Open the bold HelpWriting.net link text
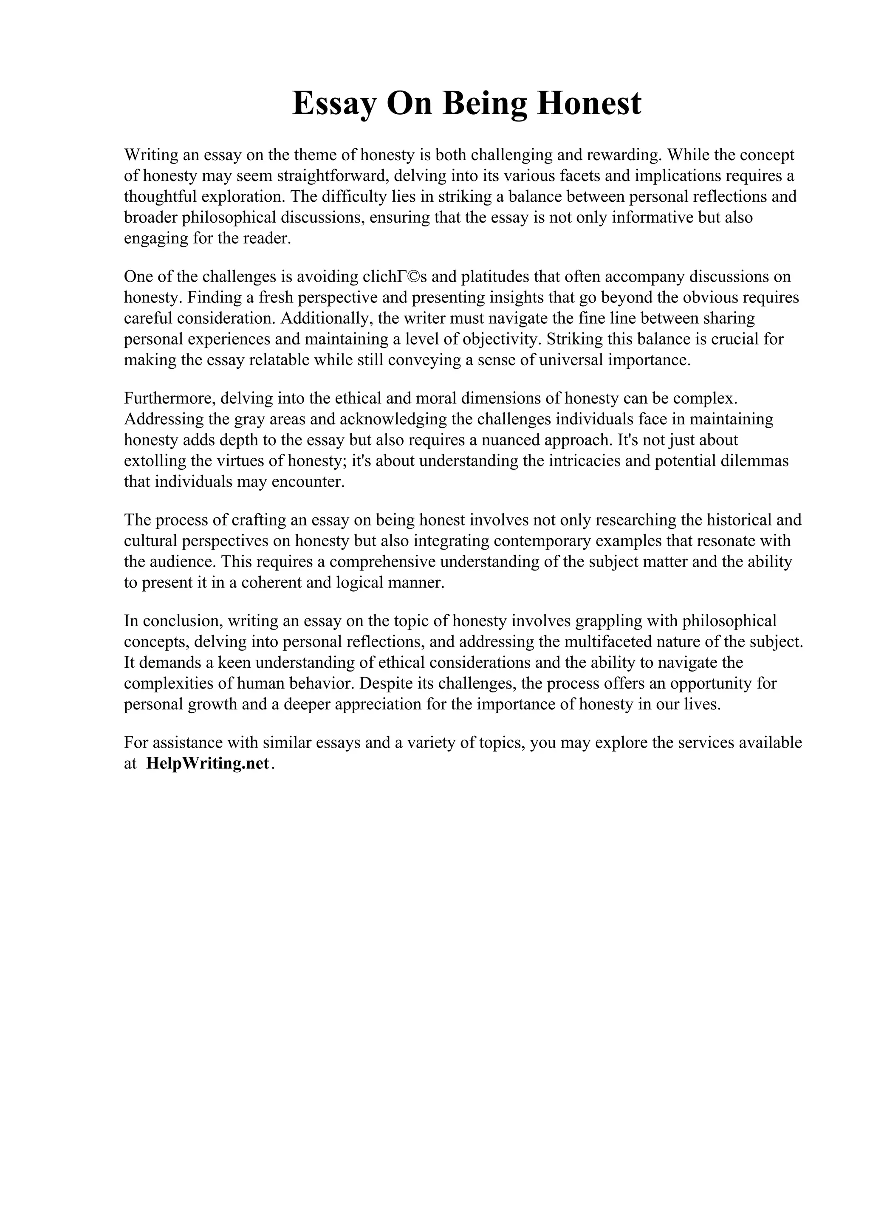click(x=207, y=763)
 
